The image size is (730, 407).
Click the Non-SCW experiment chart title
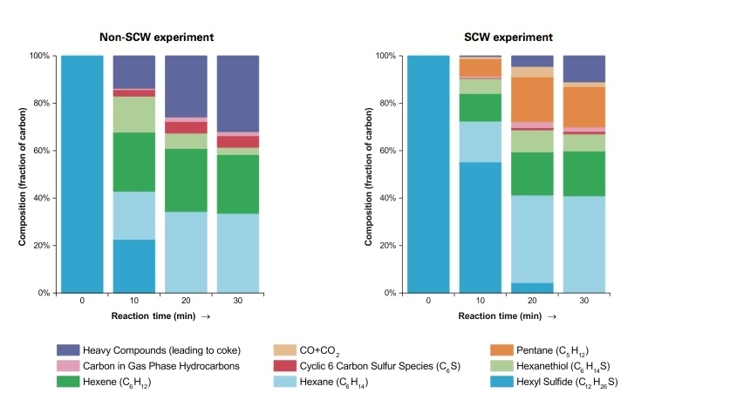click(x=156, y=37)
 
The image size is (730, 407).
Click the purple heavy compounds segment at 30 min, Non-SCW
click(x=238, y=94)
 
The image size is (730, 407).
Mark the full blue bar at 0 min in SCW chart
click(x=428, y=174)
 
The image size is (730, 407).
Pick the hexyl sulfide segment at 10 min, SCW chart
click(x=481, y=227)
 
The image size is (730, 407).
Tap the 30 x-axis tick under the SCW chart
click(x=583, y=301)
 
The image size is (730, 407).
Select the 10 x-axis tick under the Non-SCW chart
click(x=134, y=301)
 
